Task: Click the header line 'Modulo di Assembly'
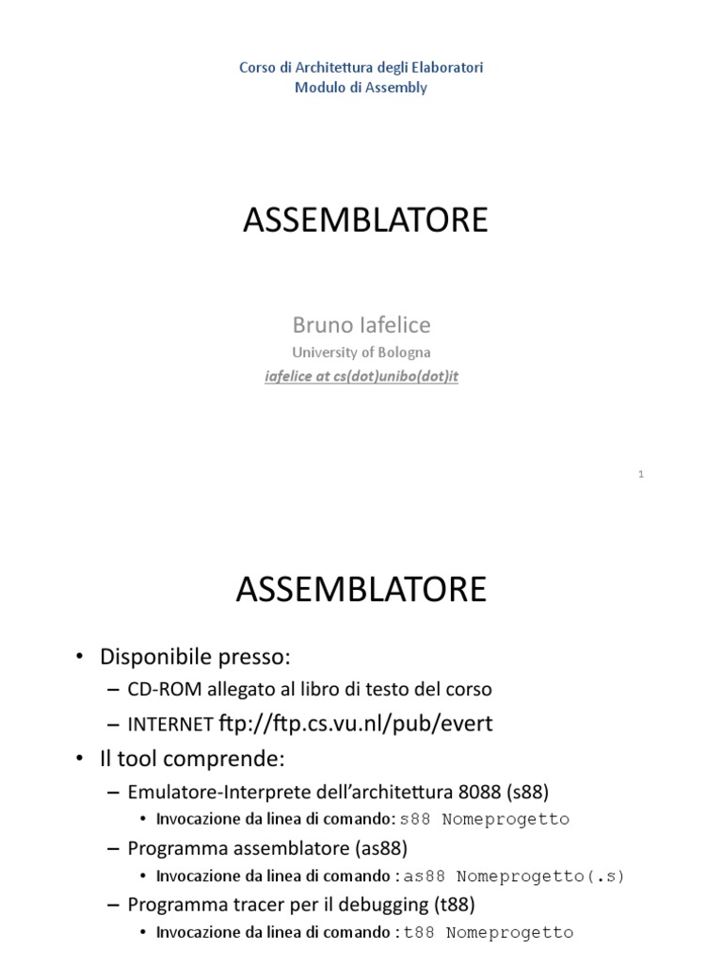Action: point(361,88)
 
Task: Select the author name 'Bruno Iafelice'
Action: point(361,325)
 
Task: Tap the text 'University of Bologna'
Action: point(361,352)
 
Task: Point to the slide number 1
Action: point(640,474)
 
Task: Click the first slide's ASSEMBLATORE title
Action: point(365,220)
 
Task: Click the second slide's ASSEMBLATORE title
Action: point(361,589)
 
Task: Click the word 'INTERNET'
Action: point(169,724)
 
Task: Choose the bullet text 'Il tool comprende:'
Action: point(191,757)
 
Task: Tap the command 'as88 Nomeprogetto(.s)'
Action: point(515,876)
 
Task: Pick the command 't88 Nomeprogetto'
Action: point(488,933)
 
